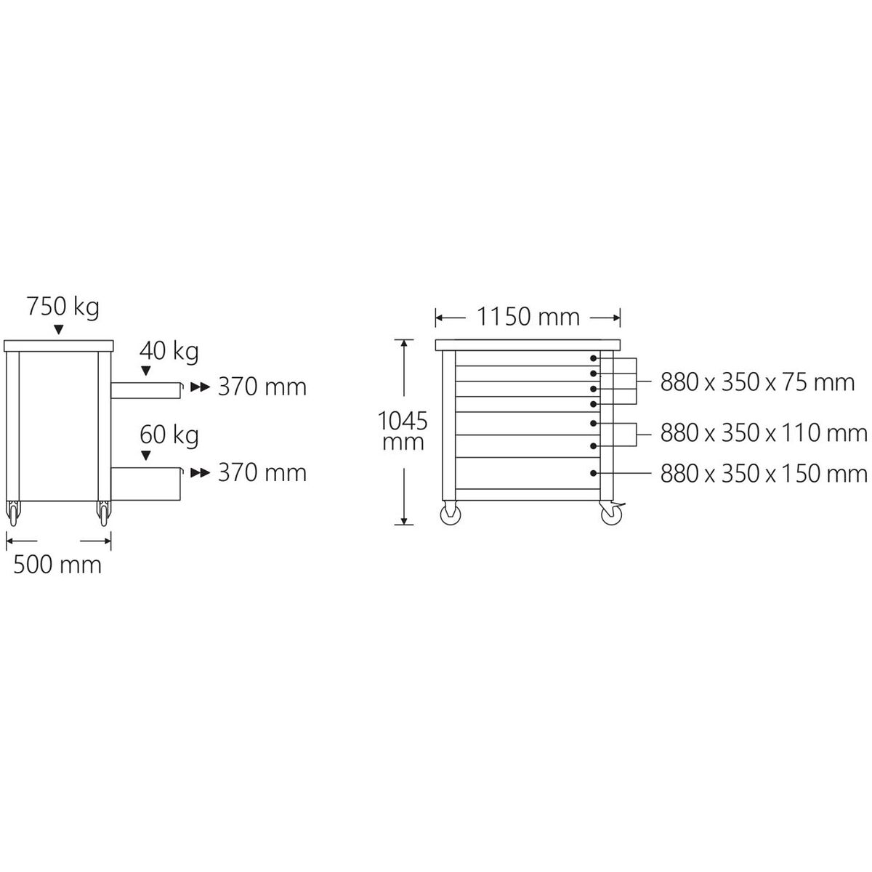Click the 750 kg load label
point(63,307)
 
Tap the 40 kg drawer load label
point(169,351)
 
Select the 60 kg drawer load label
point(169,435)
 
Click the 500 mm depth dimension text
point(57,565)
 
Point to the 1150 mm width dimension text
point(528,317)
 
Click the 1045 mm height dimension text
point(403,431)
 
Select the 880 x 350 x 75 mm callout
point(757,382)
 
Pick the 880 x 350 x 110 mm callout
point(764,433)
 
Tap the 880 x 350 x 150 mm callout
point(764,474)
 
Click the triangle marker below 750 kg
point(58,330)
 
